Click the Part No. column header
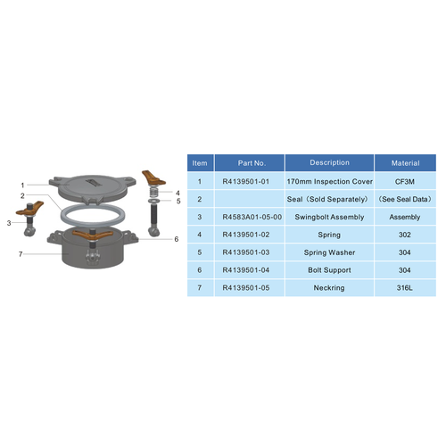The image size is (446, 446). click(247, 163)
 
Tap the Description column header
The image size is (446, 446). click(329, 163)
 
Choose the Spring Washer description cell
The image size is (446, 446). click(329, 252)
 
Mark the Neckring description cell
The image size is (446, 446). click(329, 288)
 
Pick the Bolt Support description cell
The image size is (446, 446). click(329, 270)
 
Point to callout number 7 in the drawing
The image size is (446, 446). click(20, 254)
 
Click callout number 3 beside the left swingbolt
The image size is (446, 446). click(8, 222)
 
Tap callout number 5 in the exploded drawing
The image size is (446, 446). click(178, 201)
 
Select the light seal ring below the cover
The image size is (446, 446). click(93, 215)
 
